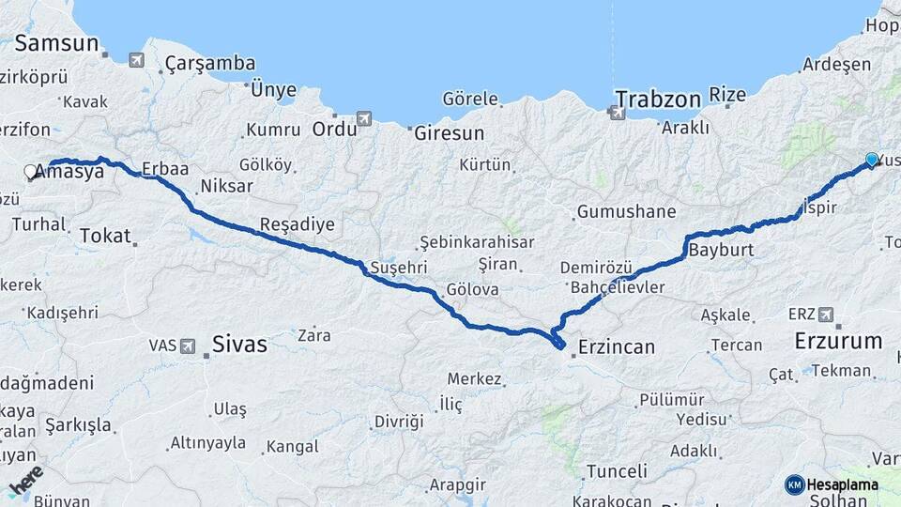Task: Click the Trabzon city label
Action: coord(658,100)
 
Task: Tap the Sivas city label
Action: coord(239,345)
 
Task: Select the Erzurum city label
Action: coord(838,341)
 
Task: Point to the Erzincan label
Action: coord(617,346)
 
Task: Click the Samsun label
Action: coord(56,43)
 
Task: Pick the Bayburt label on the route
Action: coord(722,252)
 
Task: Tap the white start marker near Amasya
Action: coord(30,172)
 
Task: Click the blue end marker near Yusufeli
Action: coord(872,161)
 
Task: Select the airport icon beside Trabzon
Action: coord(618,113)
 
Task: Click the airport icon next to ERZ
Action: coord(825,315)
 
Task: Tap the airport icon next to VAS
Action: coord(188,346)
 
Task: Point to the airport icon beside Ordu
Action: coord(364,118)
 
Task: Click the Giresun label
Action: coord(450,133)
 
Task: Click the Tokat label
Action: coord(105,236)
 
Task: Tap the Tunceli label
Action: coord(617,471)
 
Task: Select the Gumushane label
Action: coord(626,211)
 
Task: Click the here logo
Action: coord(25,483)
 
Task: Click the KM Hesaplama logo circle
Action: coord(794,484)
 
